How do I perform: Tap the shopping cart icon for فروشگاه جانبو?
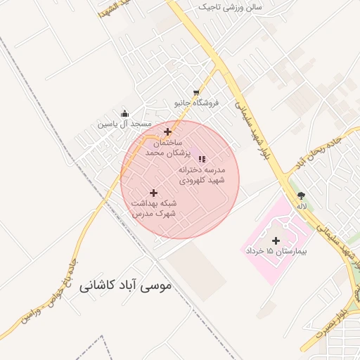pyautogui.click(x=197, y=93)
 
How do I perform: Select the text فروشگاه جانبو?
pyautogui.click(x=197, y=103)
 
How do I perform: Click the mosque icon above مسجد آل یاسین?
pyautogui.click(x=125, y=114)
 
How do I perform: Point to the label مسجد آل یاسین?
pyautogui.click(x=125, y=124)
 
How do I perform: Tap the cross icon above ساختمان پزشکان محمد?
pyautogui.click(x=167, y=131)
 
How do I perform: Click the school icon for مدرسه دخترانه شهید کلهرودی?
pyautogui.click(x=202, y=159)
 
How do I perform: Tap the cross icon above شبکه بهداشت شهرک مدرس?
pyautogui.click(x=153, y=193)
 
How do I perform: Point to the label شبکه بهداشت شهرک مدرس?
pyautogui.click(x=153, y=207)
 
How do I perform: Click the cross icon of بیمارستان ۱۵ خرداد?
pyautogui.click(x=276, y=240)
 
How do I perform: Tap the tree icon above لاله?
pyautogui.click(x=302, y=195)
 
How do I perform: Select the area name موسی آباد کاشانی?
pyautogui.click(x=125, y=287)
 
